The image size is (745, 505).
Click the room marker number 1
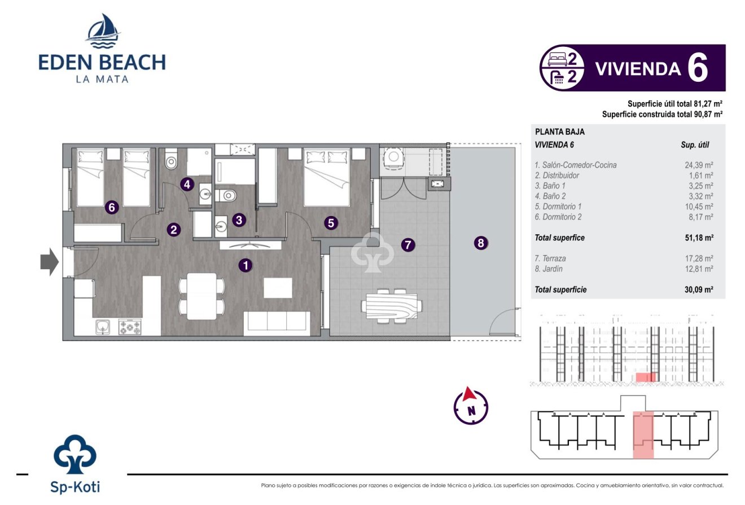[x=245, y=265]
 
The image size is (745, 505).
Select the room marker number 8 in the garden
[x=480, y=243]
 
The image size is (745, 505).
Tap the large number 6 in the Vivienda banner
[x=698, y=68]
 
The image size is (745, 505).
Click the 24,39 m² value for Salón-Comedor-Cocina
[x=699, y=165]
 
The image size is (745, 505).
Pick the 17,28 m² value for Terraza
[x=699, y=258]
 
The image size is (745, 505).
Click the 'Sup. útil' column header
[x=696, y=145]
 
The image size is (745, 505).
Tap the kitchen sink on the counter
[x=103, y=327]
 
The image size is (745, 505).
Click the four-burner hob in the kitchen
[x=130, y=327]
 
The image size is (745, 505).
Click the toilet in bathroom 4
[x=171, y=163]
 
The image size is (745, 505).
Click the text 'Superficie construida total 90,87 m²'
[x=663, y=114]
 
